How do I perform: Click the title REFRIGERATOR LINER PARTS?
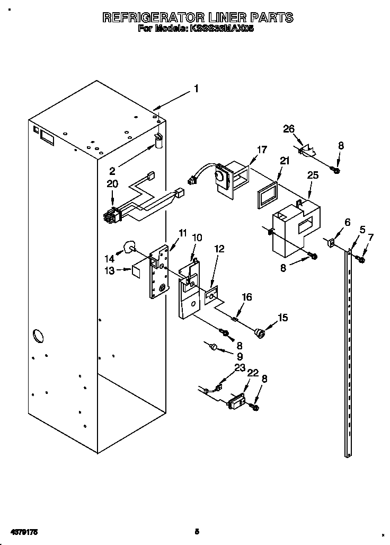[x=197, y=17]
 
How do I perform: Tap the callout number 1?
[x=196, y=89]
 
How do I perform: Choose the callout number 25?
[x=312, y=174]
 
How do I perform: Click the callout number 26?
[x=288, y=129]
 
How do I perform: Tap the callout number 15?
[x=283, y=318]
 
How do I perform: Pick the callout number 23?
[x=240, y=366]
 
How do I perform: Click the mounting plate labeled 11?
[x=159, y=270]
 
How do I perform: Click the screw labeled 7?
[x=362, y=259]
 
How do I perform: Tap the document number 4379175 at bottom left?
[x=22, y=531]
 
